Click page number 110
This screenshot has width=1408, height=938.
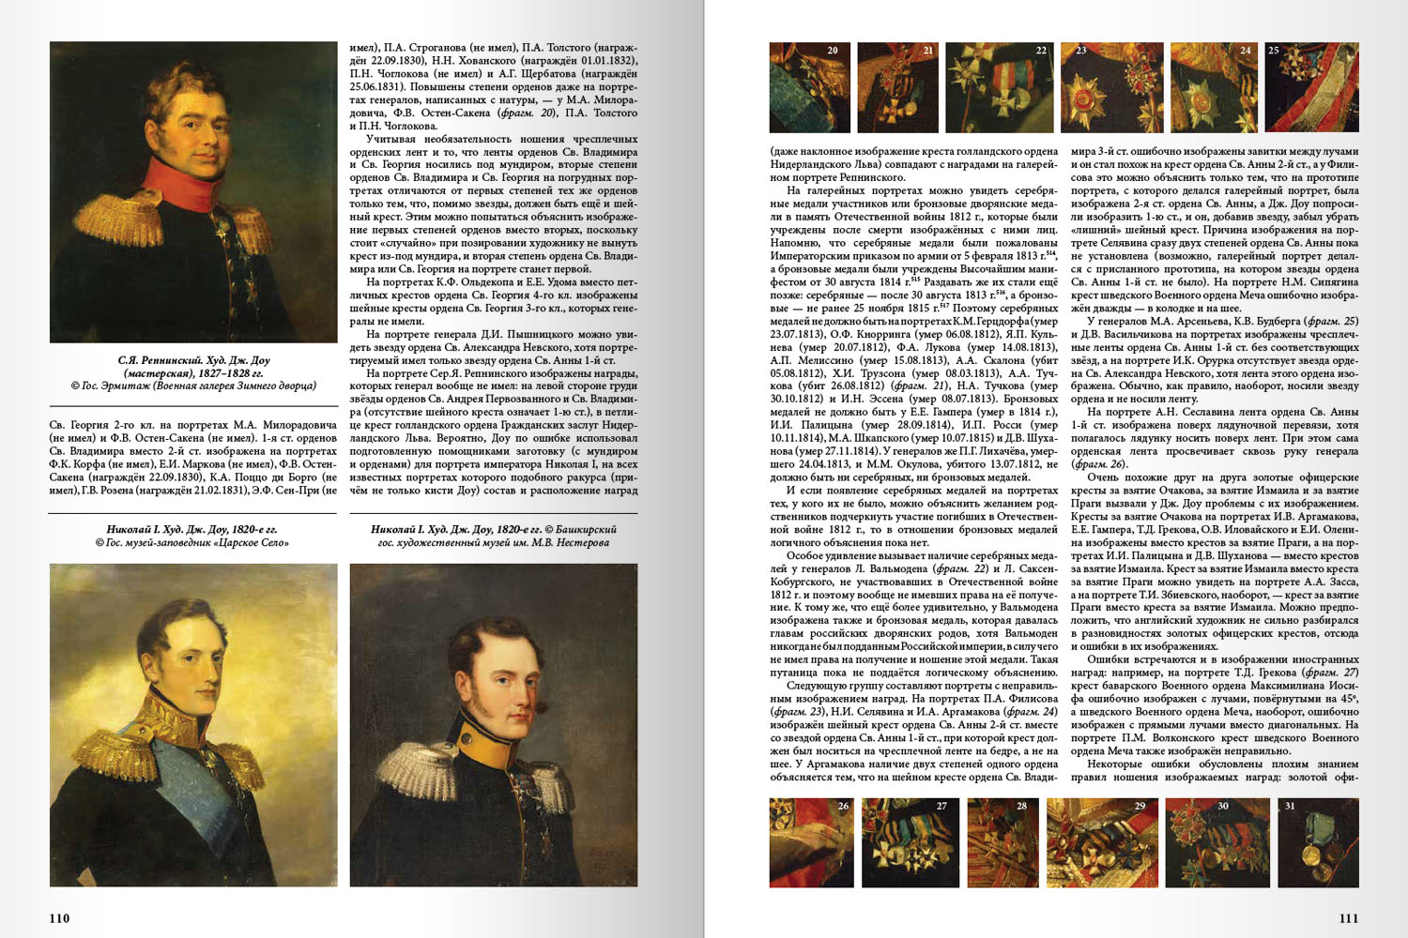pyautogui.click(x=59, y=918)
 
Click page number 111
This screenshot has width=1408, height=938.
pyautogui.click(x=1348, y=918)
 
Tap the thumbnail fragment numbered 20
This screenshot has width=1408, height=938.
pyautogui.click(x=809, y=87)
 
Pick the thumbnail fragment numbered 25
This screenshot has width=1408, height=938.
pyautogui.click(x=1311, y=87)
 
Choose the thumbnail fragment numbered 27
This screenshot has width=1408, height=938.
pyautogui.click(x=910, y=842)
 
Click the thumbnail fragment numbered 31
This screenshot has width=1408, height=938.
pyautogui.click(x=1318, y=842)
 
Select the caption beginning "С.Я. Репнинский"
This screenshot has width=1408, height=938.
pyautogui.click(x=193, y=372)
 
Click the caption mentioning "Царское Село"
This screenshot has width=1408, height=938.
pyautogui.click(x=193, y=536)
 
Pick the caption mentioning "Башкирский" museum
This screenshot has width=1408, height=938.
pyautogui.click(x=493, y=536)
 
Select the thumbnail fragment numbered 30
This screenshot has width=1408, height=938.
pyautogui.click(x=1216, y=842)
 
